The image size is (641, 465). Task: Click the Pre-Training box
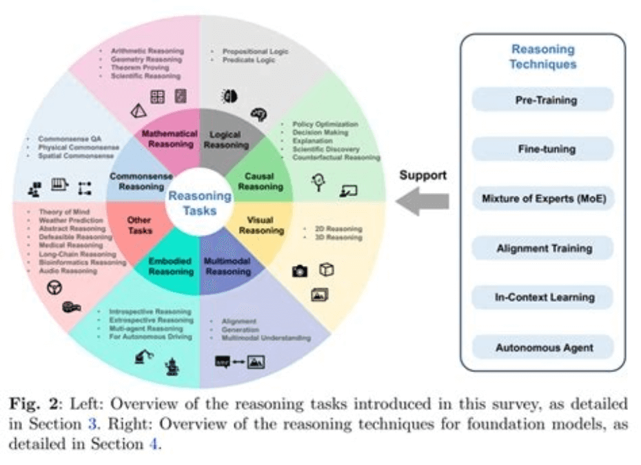542,100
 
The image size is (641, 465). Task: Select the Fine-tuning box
542,149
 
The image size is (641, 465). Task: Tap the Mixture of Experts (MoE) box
542,198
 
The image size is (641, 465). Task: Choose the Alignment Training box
542,248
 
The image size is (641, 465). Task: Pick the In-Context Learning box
542,298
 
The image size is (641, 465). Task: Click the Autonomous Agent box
542,347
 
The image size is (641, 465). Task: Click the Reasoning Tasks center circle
200,203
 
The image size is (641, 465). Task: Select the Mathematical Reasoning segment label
170,138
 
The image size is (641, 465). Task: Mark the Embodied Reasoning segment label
171,266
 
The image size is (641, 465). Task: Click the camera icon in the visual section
299,271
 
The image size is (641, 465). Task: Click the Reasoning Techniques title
542,56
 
